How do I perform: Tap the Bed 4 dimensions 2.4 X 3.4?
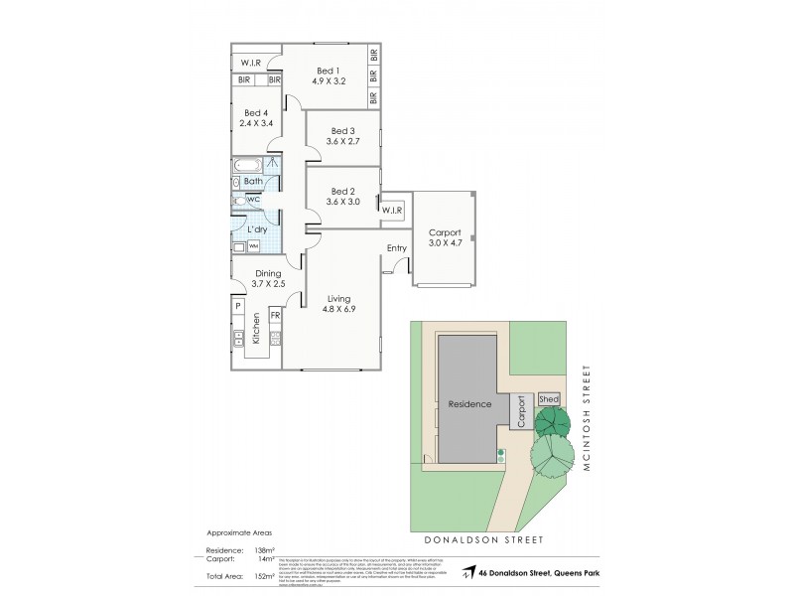257,126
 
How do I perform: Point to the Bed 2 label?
342,190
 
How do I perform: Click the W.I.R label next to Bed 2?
391,211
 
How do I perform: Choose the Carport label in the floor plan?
444,233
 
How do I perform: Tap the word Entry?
397,248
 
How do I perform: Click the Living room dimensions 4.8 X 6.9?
338,310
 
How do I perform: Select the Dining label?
269,273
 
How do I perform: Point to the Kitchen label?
255,327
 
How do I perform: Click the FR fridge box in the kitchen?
275,316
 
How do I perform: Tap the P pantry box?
238,306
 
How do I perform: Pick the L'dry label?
244,228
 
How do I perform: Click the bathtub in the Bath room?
247,165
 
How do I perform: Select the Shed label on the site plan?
549,399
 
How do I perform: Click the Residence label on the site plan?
470,404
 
